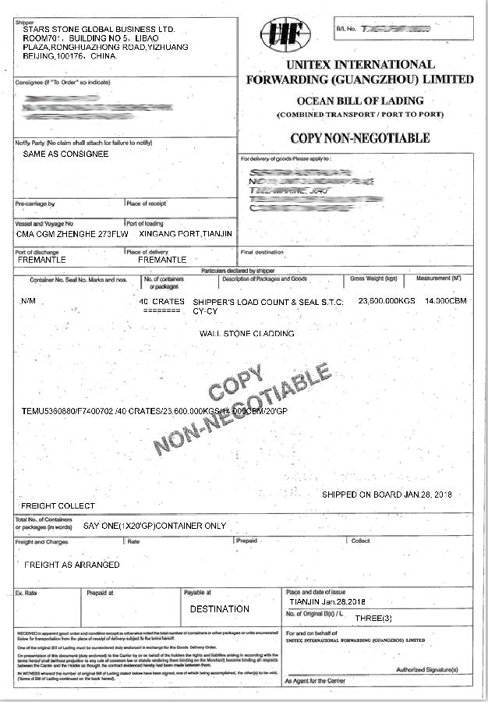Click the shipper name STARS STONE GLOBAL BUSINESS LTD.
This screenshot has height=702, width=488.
tap(99, 29)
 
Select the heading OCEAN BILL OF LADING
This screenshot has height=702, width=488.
tap(359, 101)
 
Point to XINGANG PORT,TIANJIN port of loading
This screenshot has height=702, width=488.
tap(185, 233)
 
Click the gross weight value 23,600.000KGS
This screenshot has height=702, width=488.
tap(388, 300)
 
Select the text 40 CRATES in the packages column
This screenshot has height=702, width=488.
tap(161, 300)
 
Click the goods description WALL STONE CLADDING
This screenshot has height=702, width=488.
tap(247, 333)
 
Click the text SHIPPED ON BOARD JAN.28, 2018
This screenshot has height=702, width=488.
tap(387, 495)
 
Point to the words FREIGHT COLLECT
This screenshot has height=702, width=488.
tap(58, 505)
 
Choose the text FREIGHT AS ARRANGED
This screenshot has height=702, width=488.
tap(72, 564)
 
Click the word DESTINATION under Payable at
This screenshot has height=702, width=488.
tap(220, 608)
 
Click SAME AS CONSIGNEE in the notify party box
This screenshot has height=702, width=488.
tap(65, 154)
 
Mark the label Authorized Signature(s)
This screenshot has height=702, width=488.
tap(428, 669)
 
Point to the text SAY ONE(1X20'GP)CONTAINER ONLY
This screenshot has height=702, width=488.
tap(154, 526)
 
